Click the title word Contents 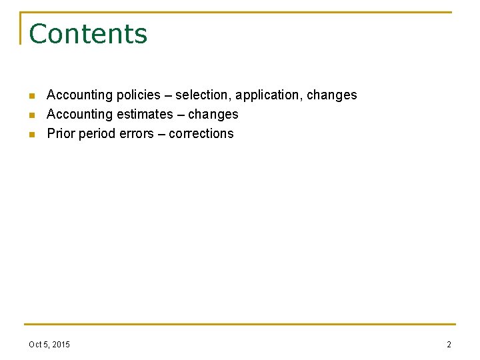pyautogui.click(x=88, y=34)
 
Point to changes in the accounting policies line pyautogui.click(x=331, y=95)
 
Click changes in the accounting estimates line pyautogui.click(x=213, y=114)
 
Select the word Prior pyautogui.click(x=61, y=133)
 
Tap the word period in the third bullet pyautogui.click(x=97, y=133)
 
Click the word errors pyautogui.click(x=136, y=133)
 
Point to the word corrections pyautogui.click(x=201, y=133)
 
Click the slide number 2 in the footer pyautogui.click(x=449, y=345)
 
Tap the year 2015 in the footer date pyautogui.click(x=60, y=345)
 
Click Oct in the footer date pyautogui.click(x=35, y=345)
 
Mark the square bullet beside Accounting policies pyautogui.click(x=31, y=96)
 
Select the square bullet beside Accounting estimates pyautogui.click(x=31, y=115)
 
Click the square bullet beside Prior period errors pyautogui.click(x=31, y=135)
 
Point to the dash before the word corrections pyautogui.click(x=161, y=133)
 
